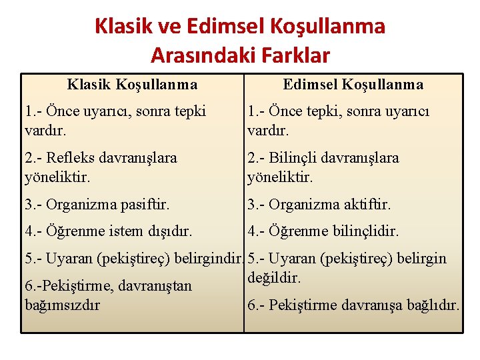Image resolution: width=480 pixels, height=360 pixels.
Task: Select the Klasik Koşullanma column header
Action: coord(132,85)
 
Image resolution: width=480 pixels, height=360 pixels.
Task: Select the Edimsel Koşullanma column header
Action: coord(353,85)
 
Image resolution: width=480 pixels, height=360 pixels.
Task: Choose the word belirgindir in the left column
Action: coord(208,259)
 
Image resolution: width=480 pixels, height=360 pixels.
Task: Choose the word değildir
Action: coord(274,277)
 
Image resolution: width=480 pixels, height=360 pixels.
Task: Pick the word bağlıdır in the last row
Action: coord(433,305)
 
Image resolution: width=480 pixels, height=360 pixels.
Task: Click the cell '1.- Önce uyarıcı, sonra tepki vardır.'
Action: coord(115,119)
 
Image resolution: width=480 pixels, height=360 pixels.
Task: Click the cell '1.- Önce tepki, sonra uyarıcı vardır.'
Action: coord(338,119)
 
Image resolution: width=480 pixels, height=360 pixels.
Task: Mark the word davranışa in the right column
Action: coord(373,305)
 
